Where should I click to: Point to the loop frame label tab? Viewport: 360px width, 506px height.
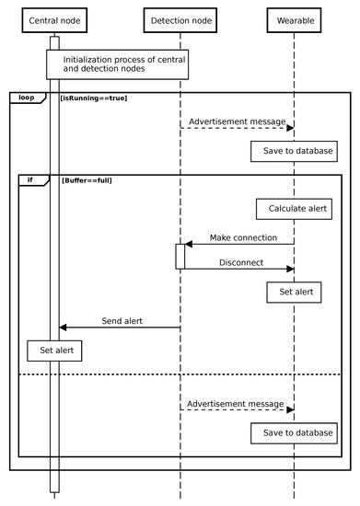click(26, 97)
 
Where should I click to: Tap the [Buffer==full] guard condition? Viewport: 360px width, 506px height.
click(87, 180)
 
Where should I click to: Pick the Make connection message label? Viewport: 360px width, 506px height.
click(242, 237)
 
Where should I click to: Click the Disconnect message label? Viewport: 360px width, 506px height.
click(241, 262)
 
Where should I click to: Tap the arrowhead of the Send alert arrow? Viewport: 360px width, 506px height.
click(64, 328)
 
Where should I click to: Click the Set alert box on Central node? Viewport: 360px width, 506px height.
click(54, 351)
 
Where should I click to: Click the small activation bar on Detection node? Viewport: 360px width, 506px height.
click(180, 257)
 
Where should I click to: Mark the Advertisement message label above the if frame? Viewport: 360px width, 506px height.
click(236, 121)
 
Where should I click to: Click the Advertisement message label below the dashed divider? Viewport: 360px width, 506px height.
click(236, 403)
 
